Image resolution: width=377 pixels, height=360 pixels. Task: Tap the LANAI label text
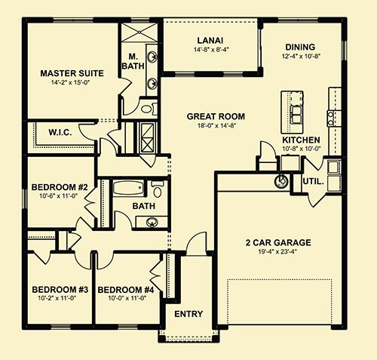click(208, 41)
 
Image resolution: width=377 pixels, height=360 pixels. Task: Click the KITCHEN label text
click(302, 140)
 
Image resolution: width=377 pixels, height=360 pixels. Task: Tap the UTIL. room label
click(314, 182)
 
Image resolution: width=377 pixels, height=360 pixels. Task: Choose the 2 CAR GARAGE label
click(278, 242)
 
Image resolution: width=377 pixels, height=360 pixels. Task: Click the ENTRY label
click(188, 314)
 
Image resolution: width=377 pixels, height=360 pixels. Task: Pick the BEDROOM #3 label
click(60, 289)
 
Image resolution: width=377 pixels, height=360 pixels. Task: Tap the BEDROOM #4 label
click(126, 289)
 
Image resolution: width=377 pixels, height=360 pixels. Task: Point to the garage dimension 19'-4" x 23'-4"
click(278, 253)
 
